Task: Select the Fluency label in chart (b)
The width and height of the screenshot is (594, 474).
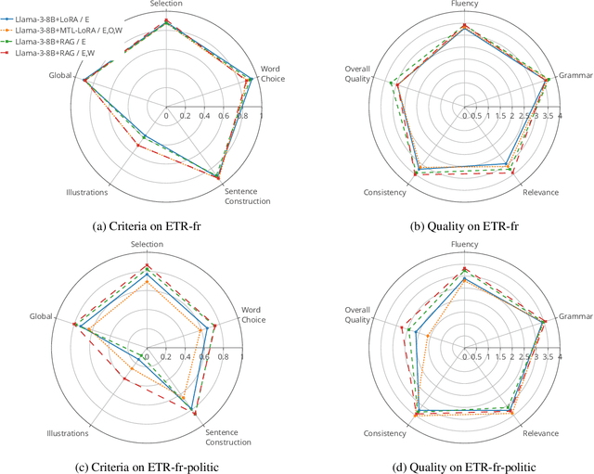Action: pyautogui.click(x=464, y=4)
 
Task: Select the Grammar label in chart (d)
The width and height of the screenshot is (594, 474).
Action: pyautogui.click(x=575, y=316)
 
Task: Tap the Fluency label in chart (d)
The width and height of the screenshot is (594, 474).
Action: pyautogui.click(x=464, y=245)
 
